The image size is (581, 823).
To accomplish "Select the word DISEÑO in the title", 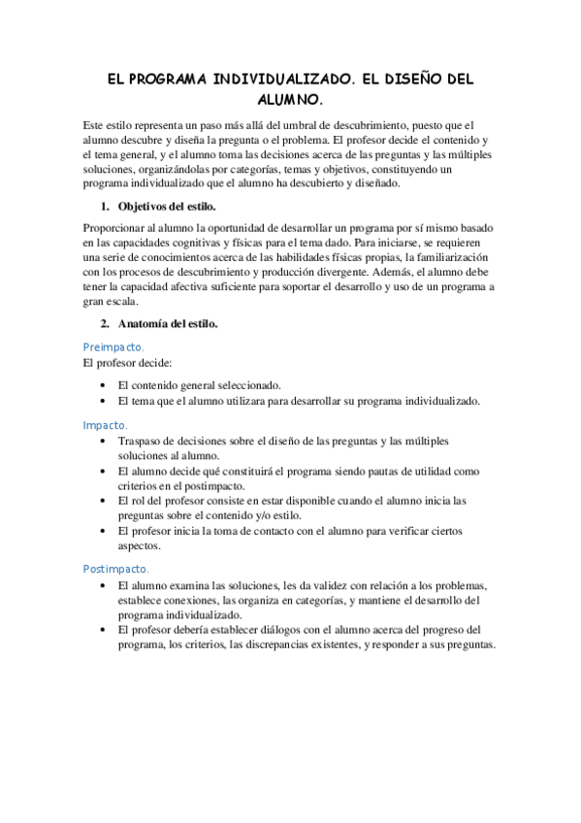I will click(x=406, y=81).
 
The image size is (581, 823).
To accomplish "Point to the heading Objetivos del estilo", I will click(x=167, y=207).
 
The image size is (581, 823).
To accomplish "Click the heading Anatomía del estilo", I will click(x=168, y=323).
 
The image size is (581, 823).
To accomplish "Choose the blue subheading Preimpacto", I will click(x=113, y=346).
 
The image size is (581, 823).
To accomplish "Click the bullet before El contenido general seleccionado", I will click(x=104, y=385).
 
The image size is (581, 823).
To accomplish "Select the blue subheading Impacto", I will click(x=105, y=425).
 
